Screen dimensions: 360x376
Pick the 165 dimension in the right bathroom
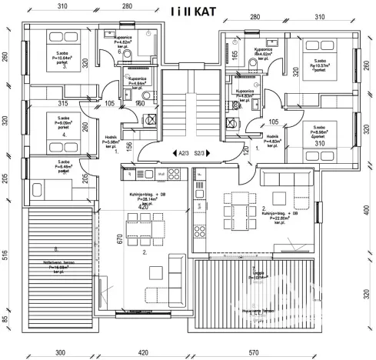235,56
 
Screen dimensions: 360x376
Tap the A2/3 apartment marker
181,154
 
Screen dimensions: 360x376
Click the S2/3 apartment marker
200,154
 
